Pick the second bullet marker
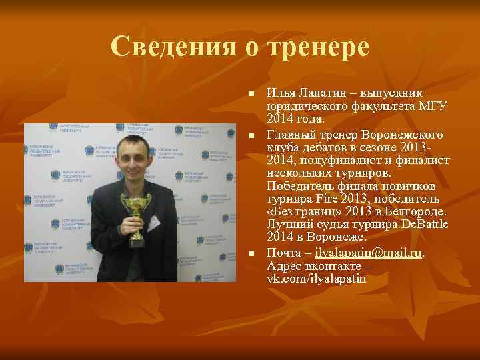pos(252,136)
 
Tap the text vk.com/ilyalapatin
pos(316,279)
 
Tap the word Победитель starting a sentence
pos(297,186)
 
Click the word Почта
pos(284,253)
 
